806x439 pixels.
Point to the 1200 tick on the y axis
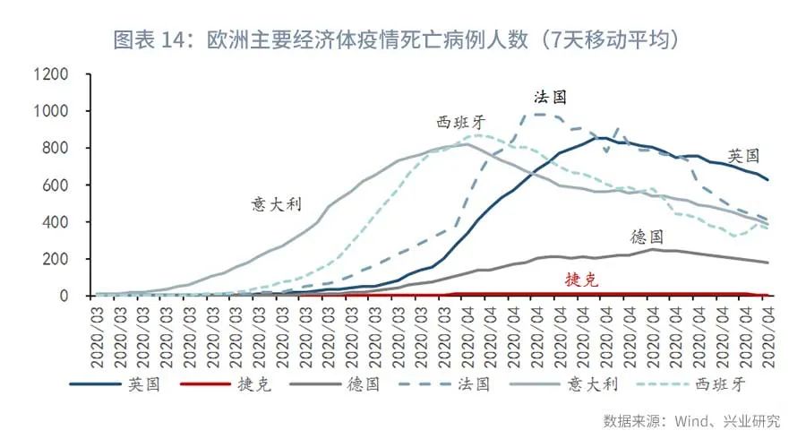(x=51, y=74)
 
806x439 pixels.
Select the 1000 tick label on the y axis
(x=51, y=111)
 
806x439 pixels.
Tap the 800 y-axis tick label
(x=56, y=148)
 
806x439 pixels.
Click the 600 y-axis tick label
(x=56, y=185)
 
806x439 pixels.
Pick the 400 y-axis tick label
(x=56, y=221)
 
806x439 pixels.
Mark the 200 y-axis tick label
(x=56, y=259)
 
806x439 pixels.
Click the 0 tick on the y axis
(x=64, y=296)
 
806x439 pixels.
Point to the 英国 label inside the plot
(x=743, y=154)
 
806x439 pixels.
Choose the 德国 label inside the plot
(x=647, y=237)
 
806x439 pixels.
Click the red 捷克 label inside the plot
(x=580, y=280)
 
